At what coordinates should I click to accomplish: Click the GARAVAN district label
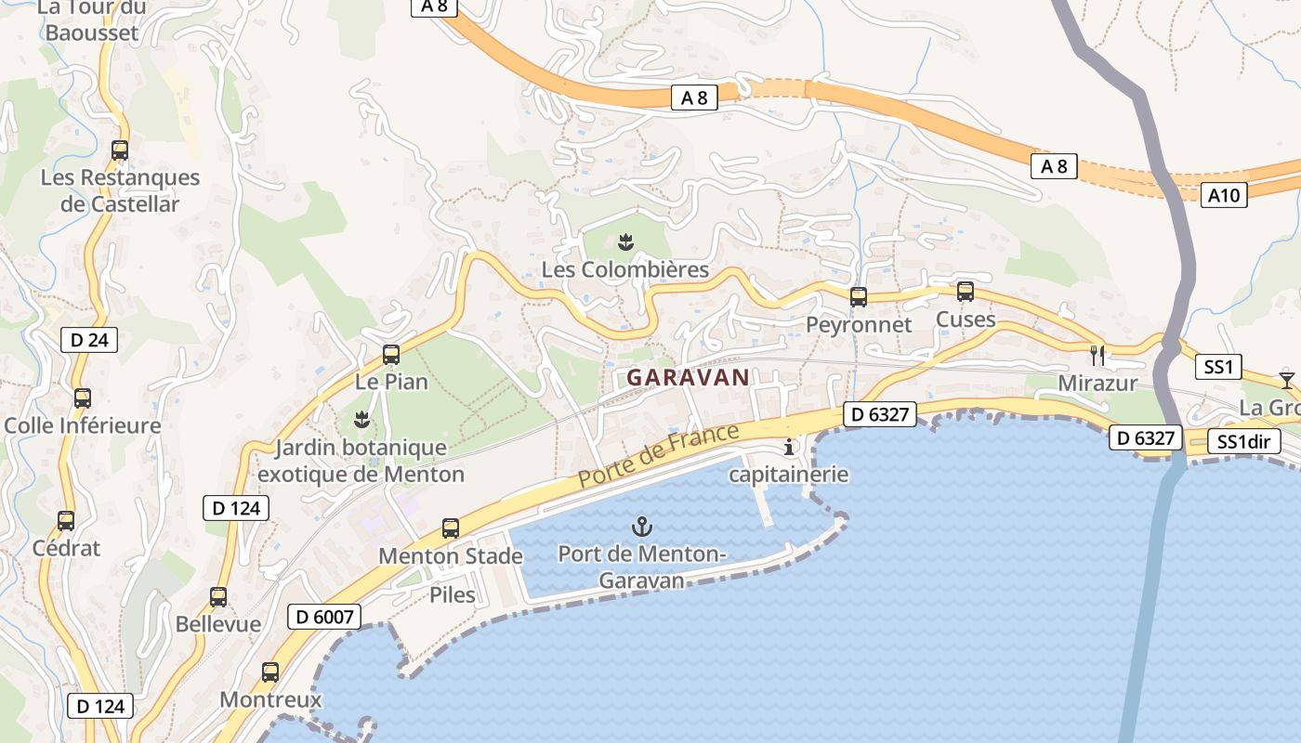[688, 377]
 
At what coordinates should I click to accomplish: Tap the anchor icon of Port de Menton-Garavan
[641, 527]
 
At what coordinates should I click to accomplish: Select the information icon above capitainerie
[789, 448]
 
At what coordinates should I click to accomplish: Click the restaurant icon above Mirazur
[1097, 355]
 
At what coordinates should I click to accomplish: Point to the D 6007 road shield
[323, 617]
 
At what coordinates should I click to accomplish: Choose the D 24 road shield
[89, 340]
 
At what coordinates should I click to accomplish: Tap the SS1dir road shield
[1243, 442]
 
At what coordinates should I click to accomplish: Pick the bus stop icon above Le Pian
[391, 354]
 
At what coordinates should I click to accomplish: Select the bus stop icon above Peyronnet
[859, 297]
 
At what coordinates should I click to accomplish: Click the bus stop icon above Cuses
[966, 292]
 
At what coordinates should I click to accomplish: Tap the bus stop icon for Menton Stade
[451, 528]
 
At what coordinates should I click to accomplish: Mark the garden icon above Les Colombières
[625, 243]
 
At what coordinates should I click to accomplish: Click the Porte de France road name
[659, 455]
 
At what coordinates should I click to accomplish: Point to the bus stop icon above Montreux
[270, 671]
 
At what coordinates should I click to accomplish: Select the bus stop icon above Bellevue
[218, 597]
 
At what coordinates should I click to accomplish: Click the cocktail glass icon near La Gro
[1286, 380]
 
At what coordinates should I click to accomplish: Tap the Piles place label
[453, 594]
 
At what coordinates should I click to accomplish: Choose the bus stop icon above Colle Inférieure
[83, 398]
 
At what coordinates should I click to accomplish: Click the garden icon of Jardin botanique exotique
[361, 420]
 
